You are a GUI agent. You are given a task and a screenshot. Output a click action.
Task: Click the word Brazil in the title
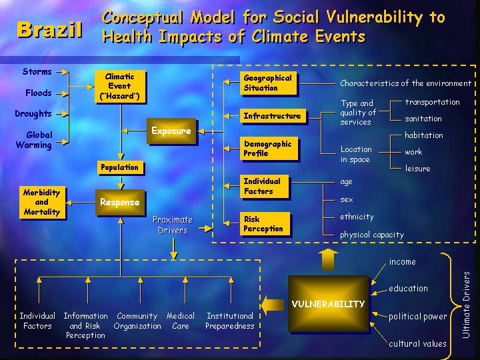pyautogui.click(x=49, y=29)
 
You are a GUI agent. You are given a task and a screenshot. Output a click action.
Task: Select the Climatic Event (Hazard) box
pyautogui.click(x=119, y=87)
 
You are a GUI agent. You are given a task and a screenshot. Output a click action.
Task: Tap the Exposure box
pyautogui.click(x=171, y=131)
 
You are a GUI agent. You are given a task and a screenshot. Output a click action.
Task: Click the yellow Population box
pyautogui.click(x=120, y=167)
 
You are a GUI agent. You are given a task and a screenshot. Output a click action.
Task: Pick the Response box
pyautogui.click(x=120, y=202)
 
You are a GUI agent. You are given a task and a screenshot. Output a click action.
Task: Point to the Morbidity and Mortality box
pyautogui.click(x=41, y=202)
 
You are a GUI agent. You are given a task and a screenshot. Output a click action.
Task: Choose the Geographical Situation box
pyautogui.click(x=268, y=83)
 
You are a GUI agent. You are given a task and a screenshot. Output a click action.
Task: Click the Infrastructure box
pyautogui.click(x=272, y=116)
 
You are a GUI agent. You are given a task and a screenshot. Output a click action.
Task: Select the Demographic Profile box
pyautogui.click(x=268, y=149)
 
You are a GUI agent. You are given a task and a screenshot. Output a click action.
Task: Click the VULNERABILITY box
pyautogui.click(x=328, y=304)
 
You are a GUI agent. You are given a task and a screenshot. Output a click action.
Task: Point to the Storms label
pyautogui.click(x=37, y=71)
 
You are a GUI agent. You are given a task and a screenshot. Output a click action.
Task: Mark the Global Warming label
pyautogui.click(x=34, y=140)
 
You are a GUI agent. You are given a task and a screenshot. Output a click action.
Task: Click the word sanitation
pyautogui.click(x=423, y=119)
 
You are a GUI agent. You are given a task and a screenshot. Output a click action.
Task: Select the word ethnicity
pyautogui.click(x=357, y=217)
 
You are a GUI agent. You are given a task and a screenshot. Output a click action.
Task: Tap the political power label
pyautogui.click(x=418, y=317)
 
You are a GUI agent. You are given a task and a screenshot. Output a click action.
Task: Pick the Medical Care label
pyautogui.click(x=181, y=321)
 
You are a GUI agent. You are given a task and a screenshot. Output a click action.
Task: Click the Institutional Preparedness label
pyautogui.click(x=230, y=321)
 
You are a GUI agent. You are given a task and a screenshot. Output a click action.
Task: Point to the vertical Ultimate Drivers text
pyautogui.click(x=466, y=304)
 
